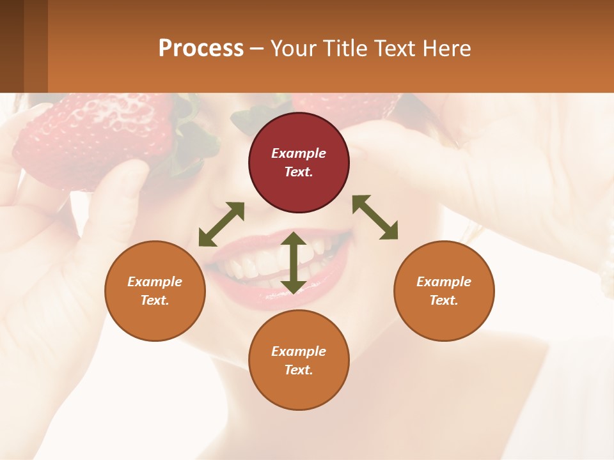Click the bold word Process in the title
pos(201,49)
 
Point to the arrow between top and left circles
pos(221,224)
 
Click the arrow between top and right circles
pos(375,217)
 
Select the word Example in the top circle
pos(299,153)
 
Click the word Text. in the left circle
pos(155,300)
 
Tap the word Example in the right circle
pos(444,282)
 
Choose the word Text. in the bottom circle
pos(299,370)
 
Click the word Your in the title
pos(293,49)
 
